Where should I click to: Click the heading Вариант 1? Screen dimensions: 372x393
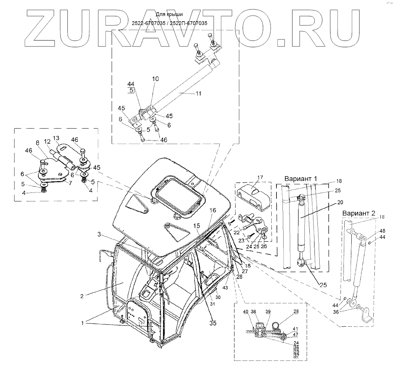coord(301,178)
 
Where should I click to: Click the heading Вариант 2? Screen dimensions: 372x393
coord(358,214)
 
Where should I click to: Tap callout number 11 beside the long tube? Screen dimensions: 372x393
coord(198,94)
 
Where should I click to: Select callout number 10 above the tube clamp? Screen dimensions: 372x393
coord(155,79)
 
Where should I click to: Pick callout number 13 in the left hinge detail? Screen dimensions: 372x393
coord(56,138)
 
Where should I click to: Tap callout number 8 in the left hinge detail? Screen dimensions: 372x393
coord(37,142)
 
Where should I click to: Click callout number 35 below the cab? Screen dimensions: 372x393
coord(213,323)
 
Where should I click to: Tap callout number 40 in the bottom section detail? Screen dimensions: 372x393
coord(245,311)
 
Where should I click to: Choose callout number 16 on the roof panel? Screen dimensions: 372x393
coord(212,210)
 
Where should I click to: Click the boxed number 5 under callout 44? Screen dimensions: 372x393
coord(131,90)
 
